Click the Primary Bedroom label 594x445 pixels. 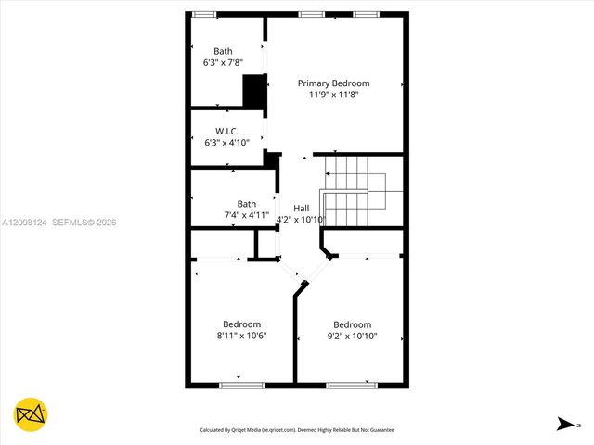333,83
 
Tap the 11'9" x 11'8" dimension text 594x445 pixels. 333,95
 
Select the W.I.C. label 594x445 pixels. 226,131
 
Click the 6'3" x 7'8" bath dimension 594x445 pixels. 223,63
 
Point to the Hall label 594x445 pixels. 302,208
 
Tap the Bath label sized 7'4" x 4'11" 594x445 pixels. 246,204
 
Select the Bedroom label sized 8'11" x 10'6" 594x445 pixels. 241,324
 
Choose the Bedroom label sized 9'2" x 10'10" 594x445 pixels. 352,324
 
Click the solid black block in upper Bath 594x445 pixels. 253,92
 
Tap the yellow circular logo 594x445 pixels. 31,413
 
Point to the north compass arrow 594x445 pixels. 564,424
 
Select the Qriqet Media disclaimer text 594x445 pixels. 297,430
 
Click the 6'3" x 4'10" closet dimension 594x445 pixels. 226,143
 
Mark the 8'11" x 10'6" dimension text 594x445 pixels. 241,336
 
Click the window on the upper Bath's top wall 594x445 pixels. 203,14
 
